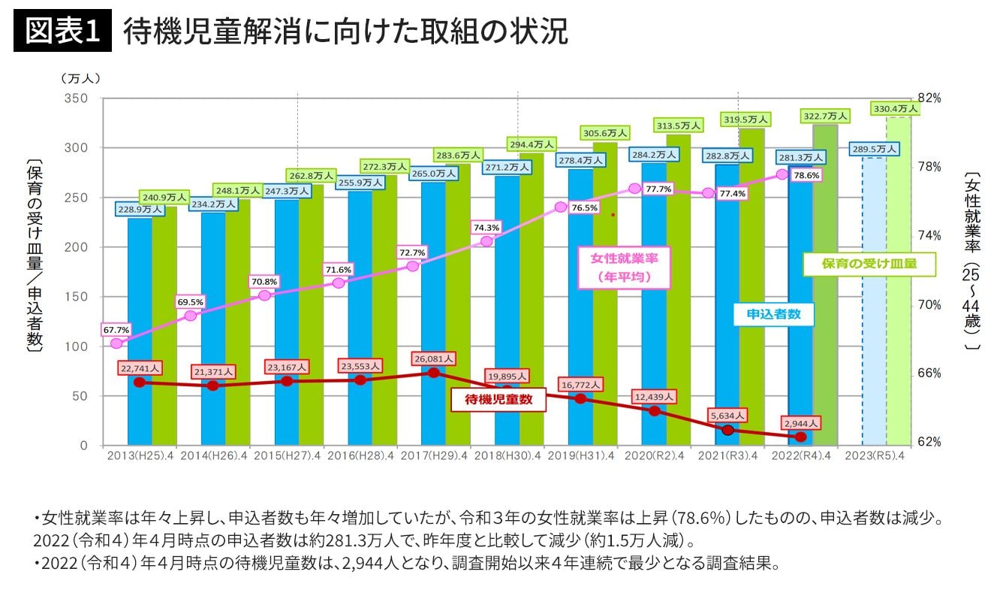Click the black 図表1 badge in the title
click(63, 32)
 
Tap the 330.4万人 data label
click(896, 108)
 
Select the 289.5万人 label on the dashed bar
click(875, 150)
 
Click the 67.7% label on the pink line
click(116, 329)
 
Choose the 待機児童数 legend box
click(498, 400)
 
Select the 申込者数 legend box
click(774, 314)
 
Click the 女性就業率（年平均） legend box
click(624, 268)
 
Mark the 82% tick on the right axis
click(929, 98)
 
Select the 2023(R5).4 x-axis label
click(874, 455)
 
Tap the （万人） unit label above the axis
click(80, 77)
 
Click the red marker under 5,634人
click(727, 430)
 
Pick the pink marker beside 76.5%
click(561, 207)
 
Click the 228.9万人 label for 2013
click(140, 209)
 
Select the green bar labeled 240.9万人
click(164, 323)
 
